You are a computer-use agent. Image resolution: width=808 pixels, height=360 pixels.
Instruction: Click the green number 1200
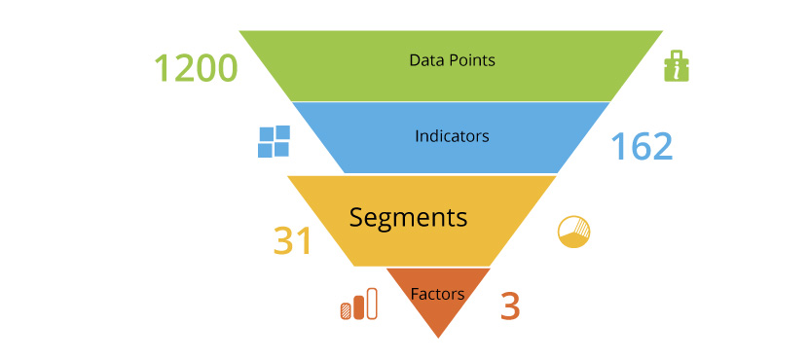coord(196,68)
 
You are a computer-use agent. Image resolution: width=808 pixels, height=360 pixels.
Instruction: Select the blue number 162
coord(642,146)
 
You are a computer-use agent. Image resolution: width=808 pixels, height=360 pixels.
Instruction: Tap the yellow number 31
coord(292,241)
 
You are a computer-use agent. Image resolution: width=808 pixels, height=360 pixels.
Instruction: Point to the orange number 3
coord(510,306)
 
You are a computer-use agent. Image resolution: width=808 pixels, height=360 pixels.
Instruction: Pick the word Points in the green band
coord(472,60)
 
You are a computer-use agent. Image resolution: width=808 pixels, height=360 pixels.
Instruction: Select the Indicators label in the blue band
coord(452,136)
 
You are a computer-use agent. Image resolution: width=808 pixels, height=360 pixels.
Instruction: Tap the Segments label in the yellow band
coord(408,216)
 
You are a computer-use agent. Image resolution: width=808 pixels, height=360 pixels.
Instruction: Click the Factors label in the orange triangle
coord(437,293)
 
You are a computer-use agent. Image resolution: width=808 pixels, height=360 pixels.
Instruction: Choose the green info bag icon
coord(677,66)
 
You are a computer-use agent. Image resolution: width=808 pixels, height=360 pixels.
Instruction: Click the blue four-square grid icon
coord(274,141)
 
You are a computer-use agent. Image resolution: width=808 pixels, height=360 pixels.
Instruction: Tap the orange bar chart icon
coord(358,306)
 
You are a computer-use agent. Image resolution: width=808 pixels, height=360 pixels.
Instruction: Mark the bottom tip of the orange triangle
coord(438,337)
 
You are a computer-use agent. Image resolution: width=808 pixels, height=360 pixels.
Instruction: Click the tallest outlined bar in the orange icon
coord(372,305)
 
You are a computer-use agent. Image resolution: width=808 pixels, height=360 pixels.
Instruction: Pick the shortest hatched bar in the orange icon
coord(346,311)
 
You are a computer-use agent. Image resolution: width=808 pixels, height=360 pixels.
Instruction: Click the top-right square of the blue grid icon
coord(281,133)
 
